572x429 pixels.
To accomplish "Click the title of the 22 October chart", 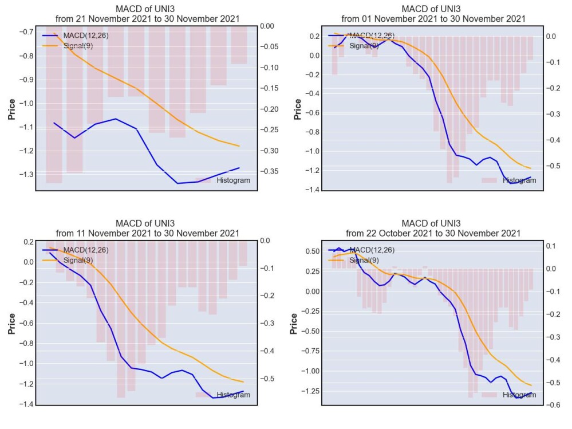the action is [433, 229].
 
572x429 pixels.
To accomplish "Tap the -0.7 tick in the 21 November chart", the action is [26, 32].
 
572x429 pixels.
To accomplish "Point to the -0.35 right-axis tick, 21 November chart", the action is [269, 171].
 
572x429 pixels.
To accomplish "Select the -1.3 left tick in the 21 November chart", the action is [26, 174].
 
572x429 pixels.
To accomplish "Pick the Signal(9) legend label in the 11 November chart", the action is [78, 260].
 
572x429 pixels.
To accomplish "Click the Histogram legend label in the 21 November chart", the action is [234, 180].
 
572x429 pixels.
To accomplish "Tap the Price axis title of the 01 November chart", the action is [298, 109].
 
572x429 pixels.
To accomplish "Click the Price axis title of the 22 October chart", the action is [294, 324].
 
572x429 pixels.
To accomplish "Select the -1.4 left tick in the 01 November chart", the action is [312, 190].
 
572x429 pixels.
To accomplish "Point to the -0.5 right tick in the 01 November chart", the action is [553, 166].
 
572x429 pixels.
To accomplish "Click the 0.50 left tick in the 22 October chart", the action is [312, 251].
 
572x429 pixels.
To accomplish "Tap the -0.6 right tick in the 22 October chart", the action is [553, 405].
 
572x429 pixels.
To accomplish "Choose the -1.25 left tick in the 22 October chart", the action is [310, 391].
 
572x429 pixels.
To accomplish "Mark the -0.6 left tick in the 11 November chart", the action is [26, 323].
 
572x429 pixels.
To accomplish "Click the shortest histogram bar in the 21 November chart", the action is [239, 45].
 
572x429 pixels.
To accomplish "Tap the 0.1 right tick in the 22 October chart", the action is [550, 246].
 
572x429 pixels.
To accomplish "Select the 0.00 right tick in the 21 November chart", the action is [267, 26].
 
